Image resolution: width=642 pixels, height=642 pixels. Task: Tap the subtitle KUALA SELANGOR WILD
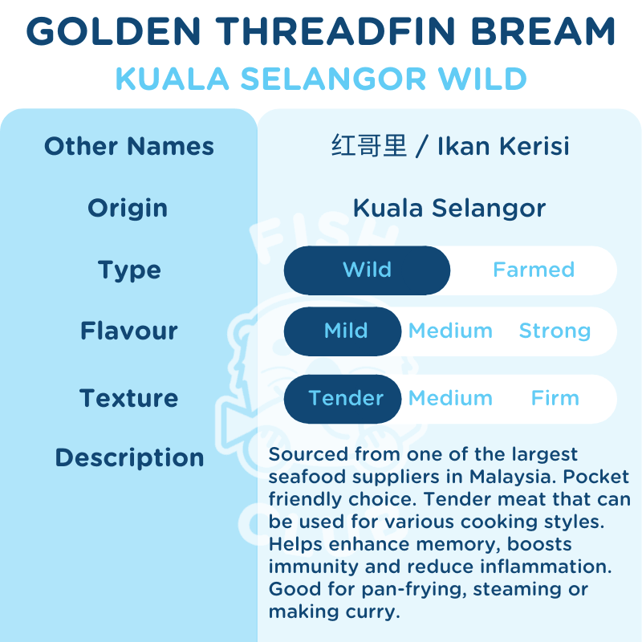point(321,79)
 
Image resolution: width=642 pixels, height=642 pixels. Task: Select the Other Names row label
point(129,147)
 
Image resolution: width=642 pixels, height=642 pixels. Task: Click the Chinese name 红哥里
point(369,147)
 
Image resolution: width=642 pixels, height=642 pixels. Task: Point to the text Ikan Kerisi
point(503,147)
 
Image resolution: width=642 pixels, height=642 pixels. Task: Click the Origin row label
point(128,208)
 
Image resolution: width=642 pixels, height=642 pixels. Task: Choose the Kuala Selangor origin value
point(449,208)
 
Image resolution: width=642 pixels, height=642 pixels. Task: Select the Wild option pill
point(367,270)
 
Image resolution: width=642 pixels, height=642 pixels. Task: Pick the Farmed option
point(534,270)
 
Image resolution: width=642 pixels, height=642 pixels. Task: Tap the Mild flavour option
point(346,331)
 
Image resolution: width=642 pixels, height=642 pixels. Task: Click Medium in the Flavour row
point(450,331)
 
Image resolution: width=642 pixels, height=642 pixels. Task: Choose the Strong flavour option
point(555,331)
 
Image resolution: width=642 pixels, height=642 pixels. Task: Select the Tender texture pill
point(346,398)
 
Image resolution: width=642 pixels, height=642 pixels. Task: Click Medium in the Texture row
point(450,398)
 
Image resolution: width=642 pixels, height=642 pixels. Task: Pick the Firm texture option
point(555,398)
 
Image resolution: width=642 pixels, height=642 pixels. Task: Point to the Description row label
point(129,457)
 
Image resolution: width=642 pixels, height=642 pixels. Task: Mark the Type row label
point(129,270)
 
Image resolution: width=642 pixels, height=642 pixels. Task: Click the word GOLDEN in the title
point(106,32)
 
